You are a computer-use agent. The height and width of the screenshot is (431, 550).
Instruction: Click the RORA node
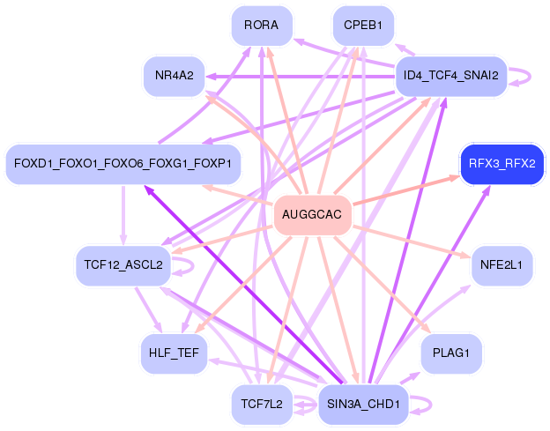[x=262, y=26]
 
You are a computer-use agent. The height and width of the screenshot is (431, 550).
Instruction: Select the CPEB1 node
[x=363, y=26]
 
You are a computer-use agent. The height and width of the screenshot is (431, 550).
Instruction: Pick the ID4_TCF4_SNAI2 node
[x=450, y=75]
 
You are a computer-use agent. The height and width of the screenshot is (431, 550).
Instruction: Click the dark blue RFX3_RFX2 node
[x=502, y=164]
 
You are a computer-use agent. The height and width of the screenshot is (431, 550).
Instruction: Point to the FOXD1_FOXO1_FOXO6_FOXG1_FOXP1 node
[x=123, y=164]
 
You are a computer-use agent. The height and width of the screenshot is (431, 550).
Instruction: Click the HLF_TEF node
[x=173, y=353]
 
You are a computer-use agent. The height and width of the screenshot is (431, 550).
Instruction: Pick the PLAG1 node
[x=450, y=353]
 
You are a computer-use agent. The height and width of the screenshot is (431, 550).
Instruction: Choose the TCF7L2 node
[x=262, y=405]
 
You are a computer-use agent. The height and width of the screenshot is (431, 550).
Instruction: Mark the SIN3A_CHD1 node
[x=363, y=405]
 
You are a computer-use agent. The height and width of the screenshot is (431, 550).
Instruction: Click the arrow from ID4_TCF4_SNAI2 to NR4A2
[x=300, y=76]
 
